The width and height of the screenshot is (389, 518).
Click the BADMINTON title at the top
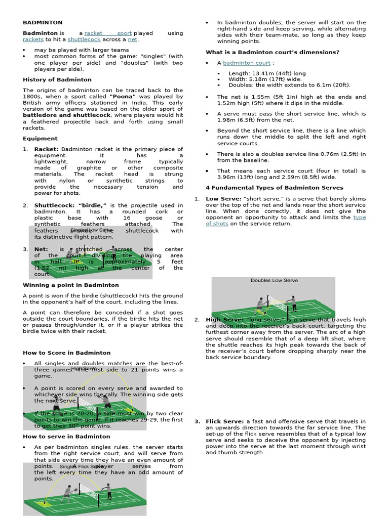tap(43, 23)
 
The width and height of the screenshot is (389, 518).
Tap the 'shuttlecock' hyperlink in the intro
tap(84, 39)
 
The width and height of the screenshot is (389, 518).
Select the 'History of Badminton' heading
tap(57, 80)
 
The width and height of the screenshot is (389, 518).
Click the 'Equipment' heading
tap(40, 139)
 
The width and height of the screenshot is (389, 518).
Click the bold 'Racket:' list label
tap(46, 149)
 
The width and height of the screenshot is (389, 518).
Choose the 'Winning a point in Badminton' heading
tap(70, 285)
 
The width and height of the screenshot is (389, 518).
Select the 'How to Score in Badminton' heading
tap(66, 353)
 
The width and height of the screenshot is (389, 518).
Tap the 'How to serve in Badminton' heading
tap(66, 437)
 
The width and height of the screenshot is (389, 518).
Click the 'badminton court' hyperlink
tap(247, 63)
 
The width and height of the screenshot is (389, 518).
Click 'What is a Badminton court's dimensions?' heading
tap(272, 53)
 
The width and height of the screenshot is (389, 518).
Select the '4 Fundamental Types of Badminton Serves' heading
tap(274, 188)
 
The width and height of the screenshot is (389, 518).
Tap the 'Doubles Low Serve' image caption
tap(274, 280)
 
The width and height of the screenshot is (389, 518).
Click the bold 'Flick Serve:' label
tap(224, 421)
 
